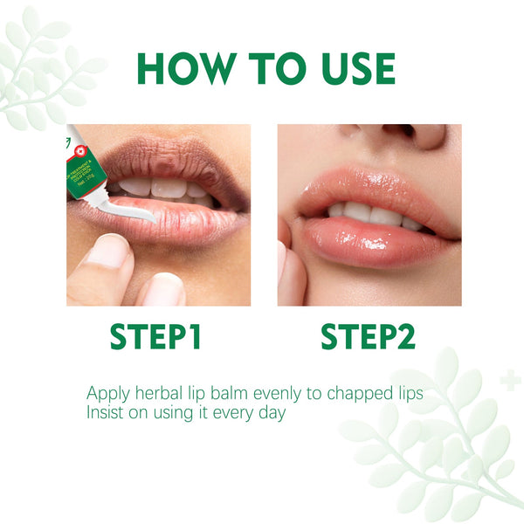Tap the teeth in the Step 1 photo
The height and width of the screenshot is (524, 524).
(x=166, y=188)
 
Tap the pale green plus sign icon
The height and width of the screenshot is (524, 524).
(x=511, y=380)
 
